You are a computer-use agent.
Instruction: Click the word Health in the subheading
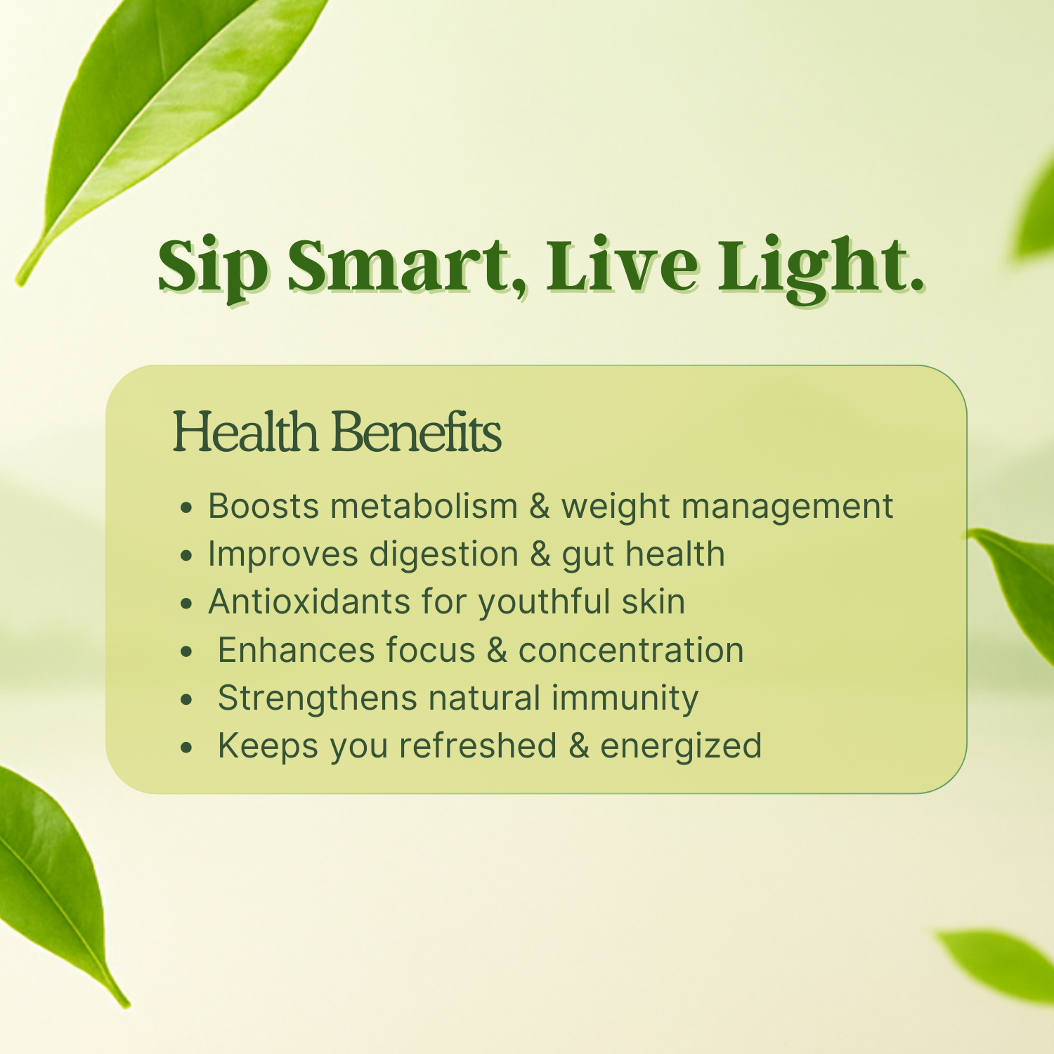click(x=245, y=431)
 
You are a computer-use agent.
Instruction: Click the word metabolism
click(x=424, y=506)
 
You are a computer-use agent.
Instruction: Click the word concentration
click(x=631, y=650)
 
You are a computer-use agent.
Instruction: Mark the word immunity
click(x=625, y=698)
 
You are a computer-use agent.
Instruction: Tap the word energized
click(x=681, y=746)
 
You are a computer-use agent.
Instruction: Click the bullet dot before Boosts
click(x=186, y=507)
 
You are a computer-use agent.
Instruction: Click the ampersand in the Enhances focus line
click(x=497, y=650)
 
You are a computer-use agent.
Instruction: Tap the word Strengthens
click(x=318, y=698)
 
